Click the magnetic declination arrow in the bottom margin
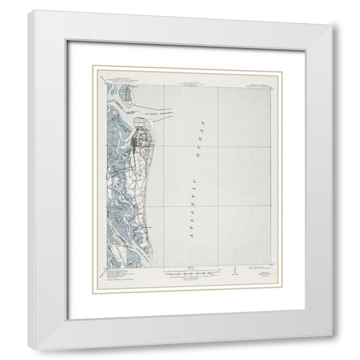(232, 272)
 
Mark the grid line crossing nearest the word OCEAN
(217, 145)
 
